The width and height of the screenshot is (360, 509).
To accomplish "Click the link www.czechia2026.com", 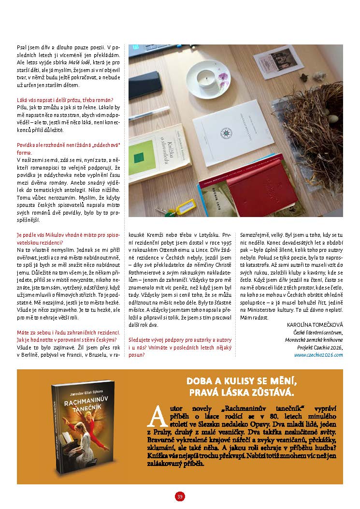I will tap(318, 354).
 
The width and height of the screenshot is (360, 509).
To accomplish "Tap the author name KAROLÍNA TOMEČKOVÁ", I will tap(315, 325).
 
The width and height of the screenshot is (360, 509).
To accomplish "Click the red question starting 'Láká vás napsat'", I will tap(68, 100).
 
